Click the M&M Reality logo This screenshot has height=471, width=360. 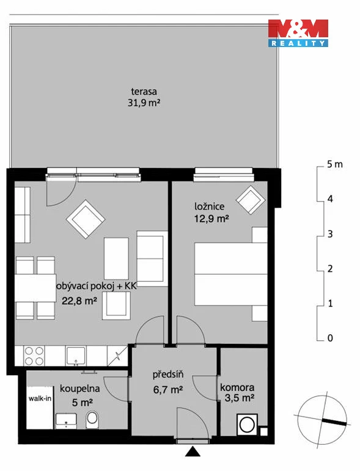[298, 33]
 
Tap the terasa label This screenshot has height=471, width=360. [144, 91]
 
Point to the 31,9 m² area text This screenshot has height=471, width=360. [144, 103]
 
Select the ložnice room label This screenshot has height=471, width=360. [210, 206]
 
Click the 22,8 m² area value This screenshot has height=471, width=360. [79, 301]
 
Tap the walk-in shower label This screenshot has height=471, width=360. [40, 398]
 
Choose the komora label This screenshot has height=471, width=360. [237, 387]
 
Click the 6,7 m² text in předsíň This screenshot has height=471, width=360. [168, 390]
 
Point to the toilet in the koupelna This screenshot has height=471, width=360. [92, 419]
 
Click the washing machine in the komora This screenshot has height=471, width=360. [247, 425]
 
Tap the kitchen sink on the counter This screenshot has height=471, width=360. [76, 356]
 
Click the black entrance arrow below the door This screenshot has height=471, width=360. [193, 451]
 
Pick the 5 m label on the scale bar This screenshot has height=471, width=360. [335, 164]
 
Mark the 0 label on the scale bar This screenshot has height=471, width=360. [330, 338]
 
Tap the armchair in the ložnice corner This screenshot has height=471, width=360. [251, 200]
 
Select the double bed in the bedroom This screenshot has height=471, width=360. [231, 274]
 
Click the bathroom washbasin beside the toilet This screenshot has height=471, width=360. [66, 420]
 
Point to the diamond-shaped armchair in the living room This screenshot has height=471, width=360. [86, 219]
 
